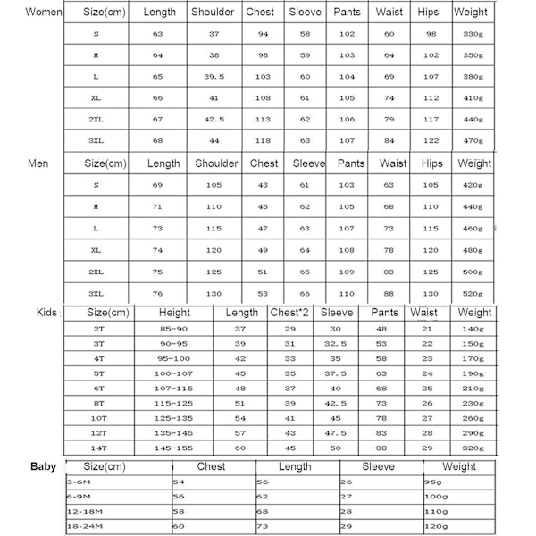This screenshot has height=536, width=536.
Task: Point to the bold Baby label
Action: [43, 466]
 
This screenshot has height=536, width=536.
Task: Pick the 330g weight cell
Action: [473, 34]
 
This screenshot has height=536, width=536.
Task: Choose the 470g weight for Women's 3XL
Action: [473, 140]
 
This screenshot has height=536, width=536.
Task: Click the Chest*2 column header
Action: [289, 313]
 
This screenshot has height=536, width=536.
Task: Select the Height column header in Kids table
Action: [174, 313]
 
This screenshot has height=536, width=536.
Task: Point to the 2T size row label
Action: [99, 330]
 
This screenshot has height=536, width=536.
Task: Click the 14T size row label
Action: [99, 448]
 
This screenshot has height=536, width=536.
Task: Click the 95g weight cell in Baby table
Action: [431, 482]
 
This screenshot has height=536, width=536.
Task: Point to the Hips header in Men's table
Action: [431, 163]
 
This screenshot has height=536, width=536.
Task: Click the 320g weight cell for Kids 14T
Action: [473, 448]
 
